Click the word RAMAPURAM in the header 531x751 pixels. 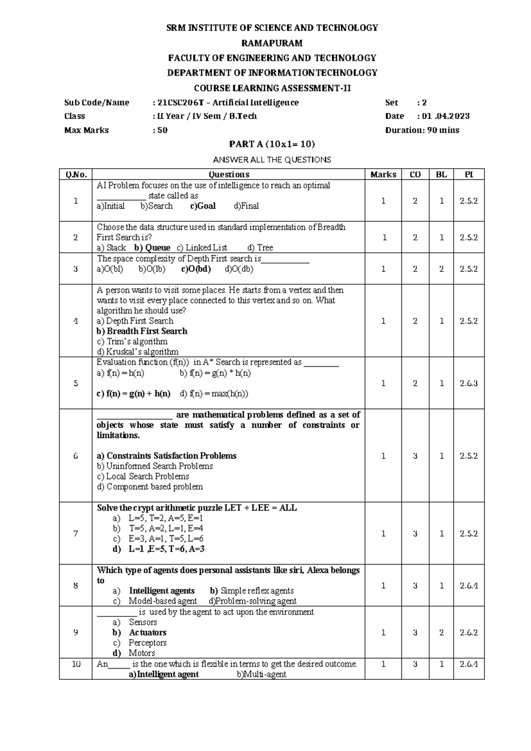pyautogui.click(x=272, y=43)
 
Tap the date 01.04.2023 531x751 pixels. pyautogui.click(x=446, y=116)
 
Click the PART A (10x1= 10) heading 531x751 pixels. pyautogui.click(x=272, y=144)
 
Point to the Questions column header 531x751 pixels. pyautogui.click(x=229, y=174)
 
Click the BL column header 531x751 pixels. pyautogui.click(x=441, y=174)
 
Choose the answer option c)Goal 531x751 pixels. pyautogui.click(x=203, y=206)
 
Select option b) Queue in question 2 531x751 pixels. pyautogui.click(x=152, y=248)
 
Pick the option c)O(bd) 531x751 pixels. pyautogui.click(x=196, y=269)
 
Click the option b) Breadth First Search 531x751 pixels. pyautogui.click(x=142, y=331)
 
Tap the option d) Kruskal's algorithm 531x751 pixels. pyautogui.click(x=137, y=352)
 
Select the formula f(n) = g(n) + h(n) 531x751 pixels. pyautogui.click(x=133, y=394)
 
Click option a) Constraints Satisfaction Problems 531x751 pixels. pyautogui.click(x=166, y=456)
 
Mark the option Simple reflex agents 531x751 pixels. pyautogui.click(x=257, y=591)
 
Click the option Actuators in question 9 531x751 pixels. pyautogui.click(x=147, y=632)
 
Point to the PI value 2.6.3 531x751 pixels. pyautogui.click(x=469, y=383)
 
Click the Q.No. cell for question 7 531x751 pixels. pyautogui.click(x=76, y=534)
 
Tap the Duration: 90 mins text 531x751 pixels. pyautogui.click(x=422, y=130)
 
